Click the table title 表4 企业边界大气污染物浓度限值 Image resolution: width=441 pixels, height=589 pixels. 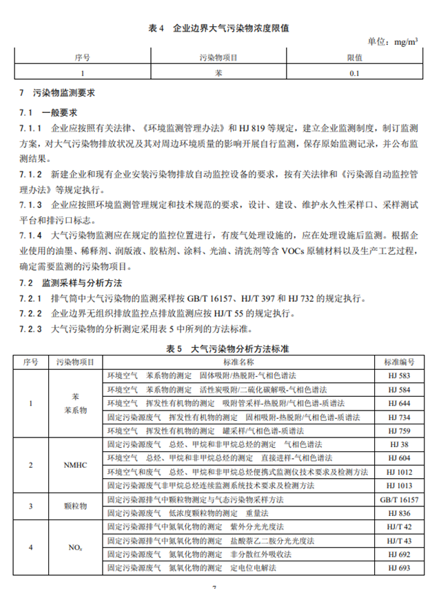(219, 28)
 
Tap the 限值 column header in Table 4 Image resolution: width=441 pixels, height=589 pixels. (354, 58)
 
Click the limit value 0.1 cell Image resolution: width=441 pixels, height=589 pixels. (354, 73)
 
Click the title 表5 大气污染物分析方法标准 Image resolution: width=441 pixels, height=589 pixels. (219, 349)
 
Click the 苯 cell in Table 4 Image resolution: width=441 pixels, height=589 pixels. (218, 73)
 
